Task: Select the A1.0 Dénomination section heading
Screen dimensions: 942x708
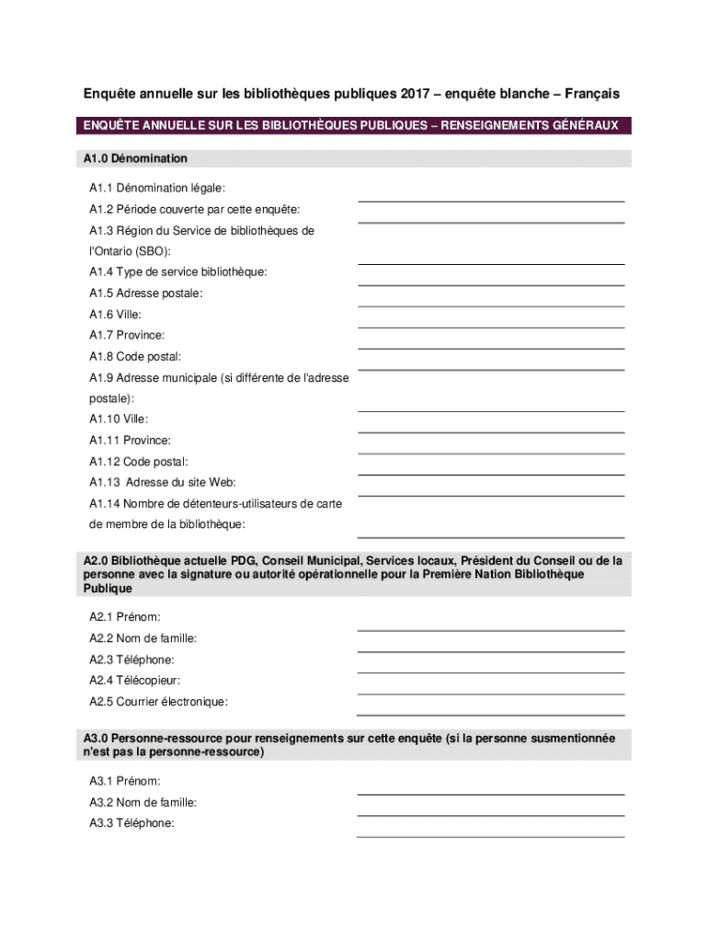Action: (135, 158)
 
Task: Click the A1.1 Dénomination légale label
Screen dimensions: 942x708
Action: (157, 188)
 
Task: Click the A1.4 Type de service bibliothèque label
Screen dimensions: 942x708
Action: (178, 272)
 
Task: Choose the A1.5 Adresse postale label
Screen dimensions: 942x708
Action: (146, 293)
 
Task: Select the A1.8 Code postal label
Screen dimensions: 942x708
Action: (135, 356)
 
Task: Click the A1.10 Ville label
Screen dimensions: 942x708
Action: (119, 419)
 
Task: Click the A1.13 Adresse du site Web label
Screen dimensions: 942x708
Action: (163, 482)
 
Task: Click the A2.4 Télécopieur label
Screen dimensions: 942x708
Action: (134, 681)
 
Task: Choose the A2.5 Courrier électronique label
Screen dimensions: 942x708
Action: (158, 702)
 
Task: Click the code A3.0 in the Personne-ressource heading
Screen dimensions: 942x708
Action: (97, 739)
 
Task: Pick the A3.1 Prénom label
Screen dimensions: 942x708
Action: (125, 781)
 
